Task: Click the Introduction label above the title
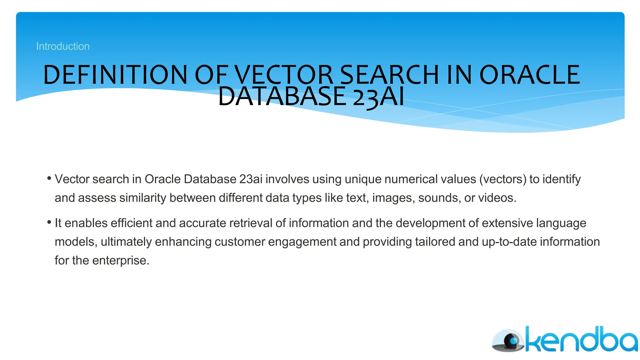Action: [x=63, y=46]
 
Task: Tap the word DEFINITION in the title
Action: [x=115, y=75]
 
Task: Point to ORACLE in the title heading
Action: [x=529, y=75]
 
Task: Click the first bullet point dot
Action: [x=49, y=178]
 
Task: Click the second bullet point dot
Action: [x=49, y=222]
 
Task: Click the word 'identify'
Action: [x=562, y=179]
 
